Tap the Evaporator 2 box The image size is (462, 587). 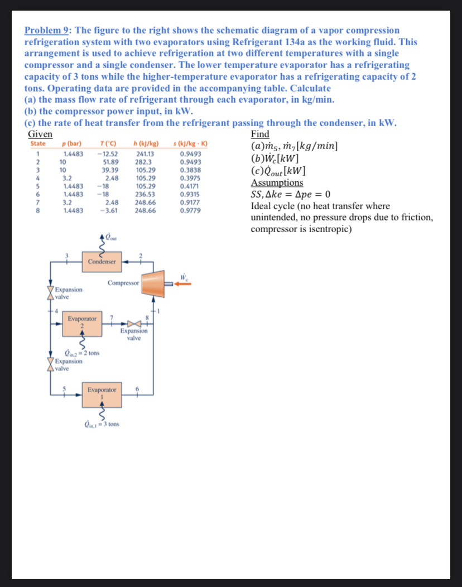[81, 324]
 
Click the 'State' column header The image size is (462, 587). [38, 143]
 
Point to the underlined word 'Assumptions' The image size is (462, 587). [277, 182]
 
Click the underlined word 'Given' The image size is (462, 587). [40, 134]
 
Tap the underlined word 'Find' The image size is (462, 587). [260, 134]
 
